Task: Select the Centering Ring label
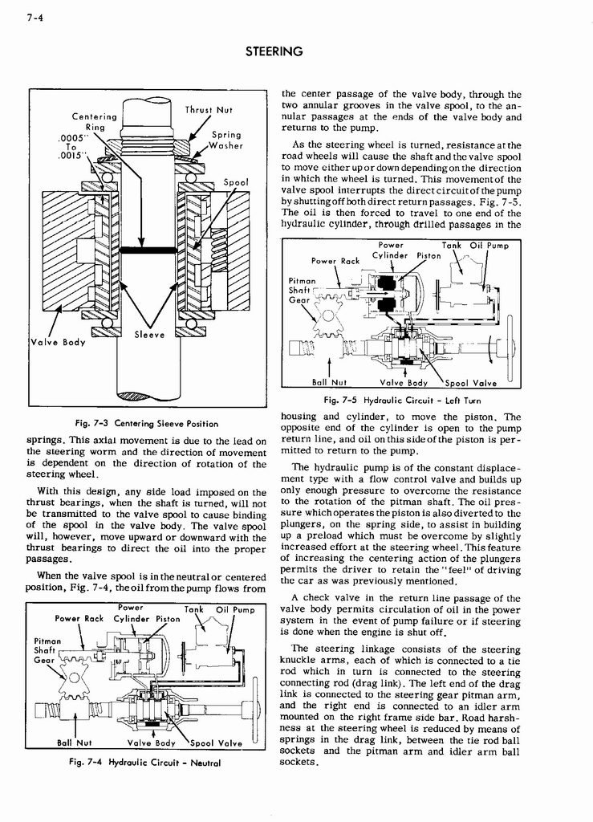click(94, 122)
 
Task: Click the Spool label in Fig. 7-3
click(235, 182)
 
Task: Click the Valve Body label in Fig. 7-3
click(57, 342)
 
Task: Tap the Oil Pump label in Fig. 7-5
click(489, 246)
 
